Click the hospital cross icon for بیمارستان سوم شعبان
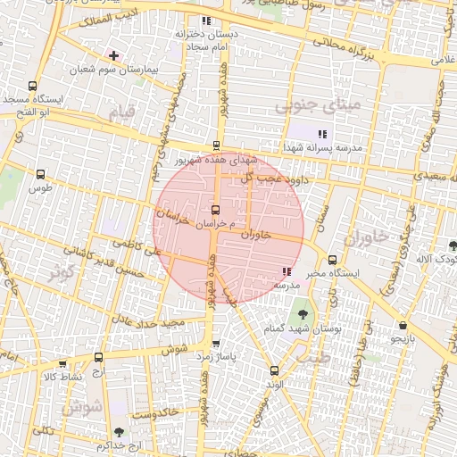[113, 55]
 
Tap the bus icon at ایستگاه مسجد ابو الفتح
[33, 87]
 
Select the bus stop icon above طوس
[37, 176]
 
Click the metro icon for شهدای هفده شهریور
[216, 145]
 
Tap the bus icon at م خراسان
[214, 210]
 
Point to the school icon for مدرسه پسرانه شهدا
[322, 134]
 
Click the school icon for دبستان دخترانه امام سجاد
[206, 21]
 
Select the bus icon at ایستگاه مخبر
[332, 260]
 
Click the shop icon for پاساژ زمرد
[215, 344]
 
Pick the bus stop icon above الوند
[274, 370]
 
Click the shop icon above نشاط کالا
[62, 363]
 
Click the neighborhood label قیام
[120, 113]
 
